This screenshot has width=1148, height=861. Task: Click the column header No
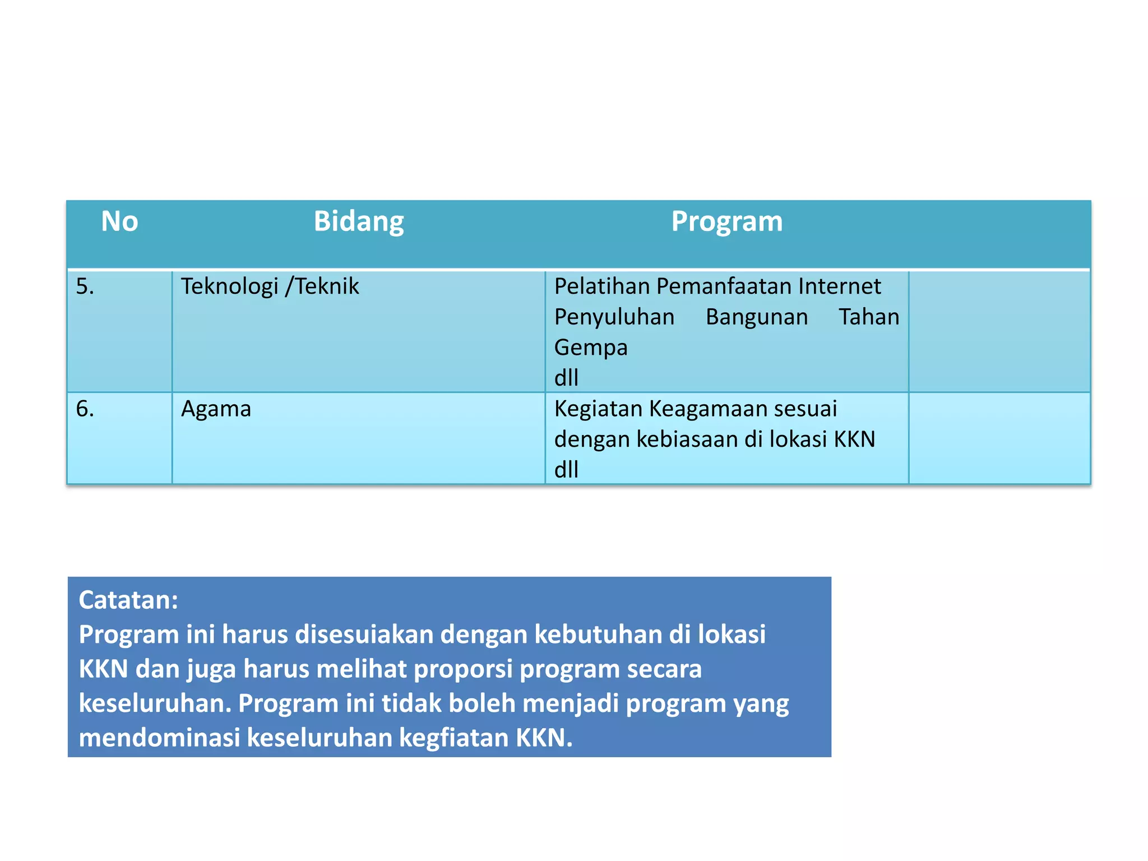coord(119,221)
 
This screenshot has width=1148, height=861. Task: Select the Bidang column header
coord(359,221)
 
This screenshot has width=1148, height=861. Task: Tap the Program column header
coord(727,221)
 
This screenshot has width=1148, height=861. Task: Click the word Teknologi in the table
coord(230,286)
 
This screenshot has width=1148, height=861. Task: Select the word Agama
coord(216,409)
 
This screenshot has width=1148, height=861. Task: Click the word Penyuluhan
coord(614,317)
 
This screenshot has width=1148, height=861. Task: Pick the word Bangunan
coord(757,317)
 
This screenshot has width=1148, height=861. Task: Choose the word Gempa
coord(591,348)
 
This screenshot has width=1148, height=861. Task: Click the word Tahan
coord(869,317)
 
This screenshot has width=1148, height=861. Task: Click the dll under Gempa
coord(566,378)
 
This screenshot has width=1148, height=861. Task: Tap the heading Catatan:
coord(128,600)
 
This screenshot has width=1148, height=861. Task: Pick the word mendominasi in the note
coord(159,738)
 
